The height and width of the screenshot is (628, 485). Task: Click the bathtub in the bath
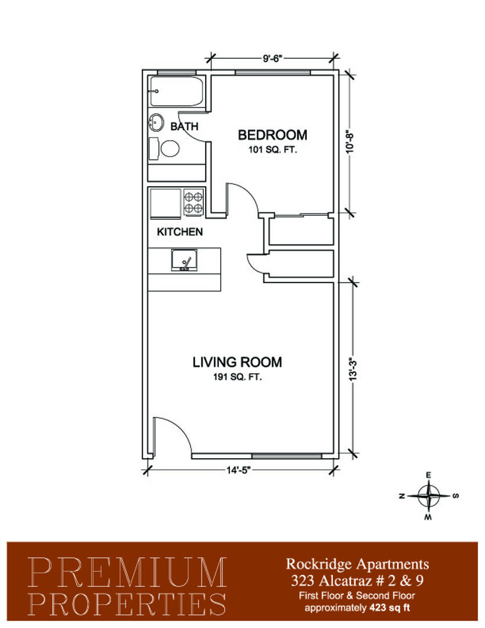tap(176, 91)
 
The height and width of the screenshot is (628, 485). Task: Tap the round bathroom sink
tap(156, 122)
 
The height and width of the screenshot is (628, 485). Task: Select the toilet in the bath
tap(164, 149)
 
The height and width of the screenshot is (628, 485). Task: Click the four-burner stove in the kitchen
tap(193, 202)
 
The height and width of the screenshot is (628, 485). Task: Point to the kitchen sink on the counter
tap(184, 259)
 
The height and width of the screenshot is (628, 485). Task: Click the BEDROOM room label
tap(272, 135)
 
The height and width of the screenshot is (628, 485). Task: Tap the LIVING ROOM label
tap(238, 362)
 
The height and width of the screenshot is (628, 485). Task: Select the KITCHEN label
tap(179, 231)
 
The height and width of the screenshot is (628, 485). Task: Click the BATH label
tap(184, 127)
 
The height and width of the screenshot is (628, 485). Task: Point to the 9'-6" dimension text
tap(273, 58)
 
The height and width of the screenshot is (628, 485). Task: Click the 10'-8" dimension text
tap(350, 141)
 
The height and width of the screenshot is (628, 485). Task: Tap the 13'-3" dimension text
tap(353, 369)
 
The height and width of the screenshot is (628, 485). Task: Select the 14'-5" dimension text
tap(239, 470)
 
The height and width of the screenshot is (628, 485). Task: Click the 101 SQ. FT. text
tap(272, 150)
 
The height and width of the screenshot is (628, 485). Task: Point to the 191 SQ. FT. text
tap(238, 377)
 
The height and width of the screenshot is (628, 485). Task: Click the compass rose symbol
tap(429, 496)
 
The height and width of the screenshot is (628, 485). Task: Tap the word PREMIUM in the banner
tap(128, 572)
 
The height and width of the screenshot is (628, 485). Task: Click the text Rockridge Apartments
tap(357, 564)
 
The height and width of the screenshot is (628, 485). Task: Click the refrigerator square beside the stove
tap(166, 204)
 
